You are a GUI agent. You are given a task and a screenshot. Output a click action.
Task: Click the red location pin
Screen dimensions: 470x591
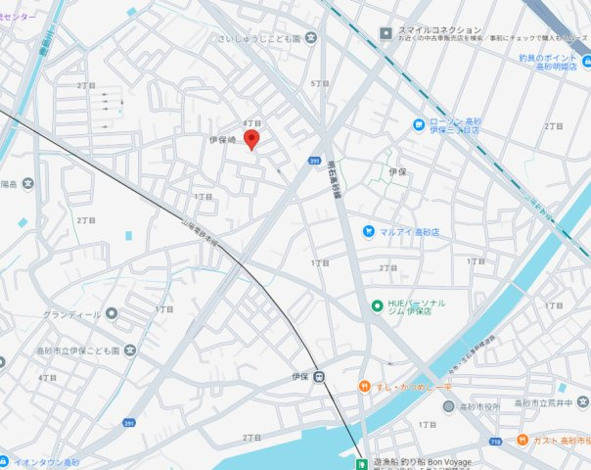click(250, 139)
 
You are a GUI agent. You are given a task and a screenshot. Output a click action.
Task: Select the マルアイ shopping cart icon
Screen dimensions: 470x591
click(368, 231)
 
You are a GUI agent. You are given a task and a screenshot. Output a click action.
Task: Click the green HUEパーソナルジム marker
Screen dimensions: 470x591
click(377, 306)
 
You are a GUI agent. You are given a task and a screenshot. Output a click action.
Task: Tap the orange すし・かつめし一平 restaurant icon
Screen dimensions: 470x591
click(364, 387)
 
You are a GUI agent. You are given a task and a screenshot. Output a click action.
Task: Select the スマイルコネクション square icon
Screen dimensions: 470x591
click(386, 31)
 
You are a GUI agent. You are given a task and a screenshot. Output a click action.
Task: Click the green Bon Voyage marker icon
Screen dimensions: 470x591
click(363, 462)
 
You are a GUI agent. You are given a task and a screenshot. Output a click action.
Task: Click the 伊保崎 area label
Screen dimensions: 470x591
click(224, 140)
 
